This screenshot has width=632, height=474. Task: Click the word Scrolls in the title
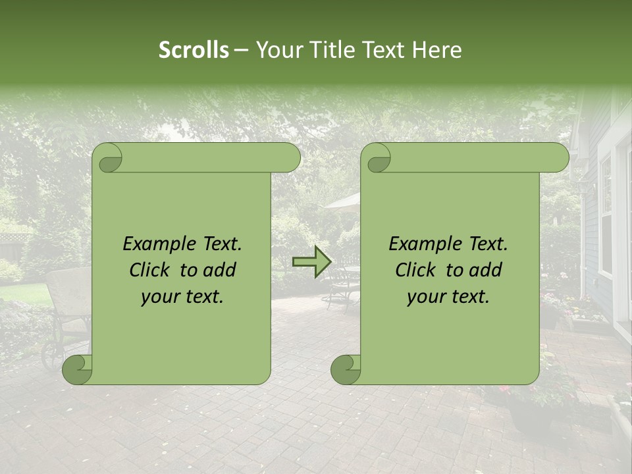click(194, 50)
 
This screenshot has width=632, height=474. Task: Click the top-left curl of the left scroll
click(107, 158)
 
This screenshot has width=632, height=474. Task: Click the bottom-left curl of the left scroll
click(78, 369)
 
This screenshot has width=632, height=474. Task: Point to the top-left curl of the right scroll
click(377, 158)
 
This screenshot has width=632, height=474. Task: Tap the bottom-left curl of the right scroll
click(346, 369)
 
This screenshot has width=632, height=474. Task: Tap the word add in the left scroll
click(221, 270)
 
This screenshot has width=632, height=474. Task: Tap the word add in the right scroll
click(487, 270)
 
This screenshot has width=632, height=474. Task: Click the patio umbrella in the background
click(342, 201)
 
